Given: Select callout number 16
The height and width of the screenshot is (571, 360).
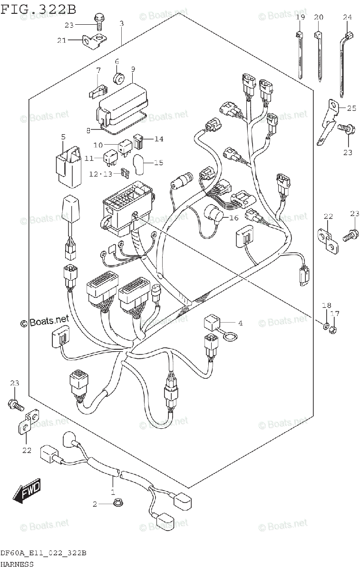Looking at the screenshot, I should tap(233, 218).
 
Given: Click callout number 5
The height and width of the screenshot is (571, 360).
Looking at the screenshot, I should tap(63, 138).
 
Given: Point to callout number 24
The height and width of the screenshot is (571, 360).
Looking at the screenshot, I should tap(347, 18).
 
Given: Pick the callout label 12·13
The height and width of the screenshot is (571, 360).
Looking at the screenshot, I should tap(101, 174).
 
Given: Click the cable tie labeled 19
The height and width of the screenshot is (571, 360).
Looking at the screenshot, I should tap(300, 55).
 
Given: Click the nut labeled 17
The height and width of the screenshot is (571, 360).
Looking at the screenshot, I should tap(335, 328).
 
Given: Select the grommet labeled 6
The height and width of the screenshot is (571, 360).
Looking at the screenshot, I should tap(117, 77).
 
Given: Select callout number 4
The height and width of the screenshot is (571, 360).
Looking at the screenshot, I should tap(240, 323).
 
